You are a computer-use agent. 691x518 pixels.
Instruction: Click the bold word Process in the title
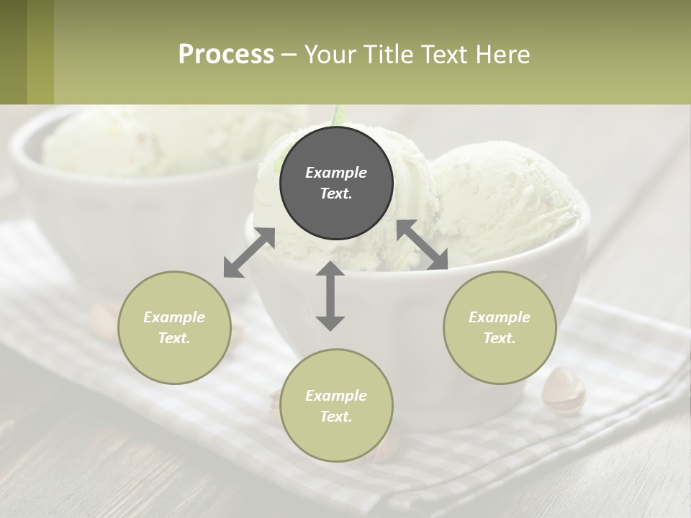[x=226, y=55]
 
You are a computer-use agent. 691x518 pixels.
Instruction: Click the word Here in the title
[x=502, y=55]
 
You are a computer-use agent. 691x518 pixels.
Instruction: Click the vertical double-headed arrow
[x=330, y=296]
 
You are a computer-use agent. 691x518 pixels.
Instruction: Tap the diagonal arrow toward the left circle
[x=249, y=253]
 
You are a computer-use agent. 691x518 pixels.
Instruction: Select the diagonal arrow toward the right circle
[x=423, y=245]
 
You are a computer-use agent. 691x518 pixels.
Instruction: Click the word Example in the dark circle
[x=336, y=173]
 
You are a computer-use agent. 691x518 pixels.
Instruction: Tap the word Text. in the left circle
[x=174, y=338]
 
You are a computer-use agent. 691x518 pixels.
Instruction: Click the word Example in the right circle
[x=500, y=317]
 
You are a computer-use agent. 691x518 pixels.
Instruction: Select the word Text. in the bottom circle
[x=336, y=417]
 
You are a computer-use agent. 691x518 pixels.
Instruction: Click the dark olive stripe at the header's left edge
[x=13, y=52]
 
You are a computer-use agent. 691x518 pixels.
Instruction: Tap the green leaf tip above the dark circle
[x=339, y=115]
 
